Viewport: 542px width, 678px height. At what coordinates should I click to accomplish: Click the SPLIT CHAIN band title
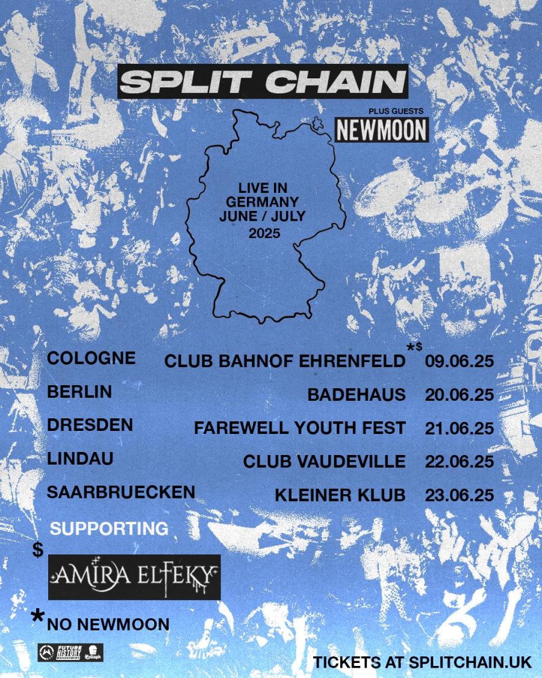pos(263,81)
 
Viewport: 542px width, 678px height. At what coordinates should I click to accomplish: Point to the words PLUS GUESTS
pos(396,110)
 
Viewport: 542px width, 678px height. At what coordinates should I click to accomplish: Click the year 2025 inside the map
pos(264,233)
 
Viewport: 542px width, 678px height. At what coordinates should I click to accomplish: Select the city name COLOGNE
pos(91,358)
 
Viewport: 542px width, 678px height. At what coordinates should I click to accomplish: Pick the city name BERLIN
pos(79,392)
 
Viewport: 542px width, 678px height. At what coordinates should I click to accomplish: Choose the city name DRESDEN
pos(90,425)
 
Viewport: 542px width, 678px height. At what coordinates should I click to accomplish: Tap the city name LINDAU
pos(80,459)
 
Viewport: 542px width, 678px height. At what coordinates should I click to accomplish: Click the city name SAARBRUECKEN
pos(121,492)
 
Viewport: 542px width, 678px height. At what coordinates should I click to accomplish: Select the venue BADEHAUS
pos(357,395)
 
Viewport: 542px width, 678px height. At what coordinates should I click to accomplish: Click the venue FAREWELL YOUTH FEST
pos(299,428)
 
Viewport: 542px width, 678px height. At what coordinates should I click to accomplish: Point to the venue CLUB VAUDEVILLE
pos(324,462)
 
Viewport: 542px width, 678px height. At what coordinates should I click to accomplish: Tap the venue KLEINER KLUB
pos(340,495)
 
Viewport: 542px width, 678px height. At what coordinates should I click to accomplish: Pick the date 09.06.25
pos(459,362)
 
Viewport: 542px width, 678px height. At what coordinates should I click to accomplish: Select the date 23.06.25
pos(459,495)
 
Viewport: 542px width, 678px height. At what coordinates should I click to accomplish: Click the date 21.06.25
pos(459,428)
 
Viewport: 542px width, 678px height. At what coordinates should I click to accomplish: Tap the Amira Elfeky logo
pos(134,577)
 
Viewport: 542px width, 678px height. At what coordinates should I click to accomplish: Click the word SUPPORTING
pos(109,529)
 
